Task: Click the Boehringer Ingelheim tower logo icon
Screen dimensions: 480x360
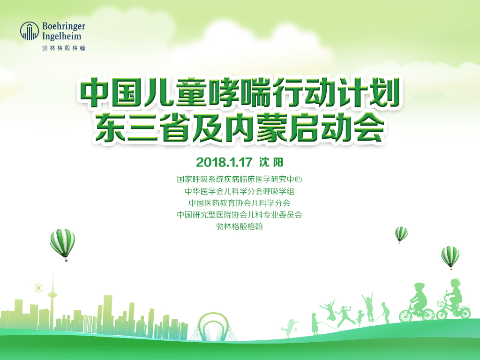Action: click(30, 31)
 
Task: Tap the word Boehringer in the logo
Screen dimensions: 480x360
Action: click(64, 26)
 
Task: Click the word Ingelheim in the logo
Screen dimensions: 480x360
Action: click(62, 36)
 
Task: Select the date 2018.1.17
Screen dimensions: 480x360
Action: click(224, 162)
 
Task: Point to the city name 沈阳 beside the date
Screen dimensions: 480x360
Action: click(271, 162)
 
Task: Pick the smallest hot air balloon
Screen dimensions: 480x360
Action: click(401, 234)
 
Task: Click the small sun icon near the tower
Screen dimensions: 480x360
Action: click(38, 288)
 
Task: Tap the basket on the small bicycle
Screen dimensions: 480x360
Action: click(441, 304)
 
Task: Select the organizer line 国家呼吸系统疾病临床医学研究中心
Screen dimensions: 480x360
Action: click(240, 179)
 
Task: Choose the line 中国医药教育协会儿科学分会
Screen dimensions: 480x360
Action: click(240, 203)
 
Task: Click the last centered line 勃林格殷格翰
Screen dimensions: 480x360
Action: click(240, 226)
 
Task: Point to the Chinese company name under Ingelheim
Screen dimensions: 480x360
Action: click(64, 48)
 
